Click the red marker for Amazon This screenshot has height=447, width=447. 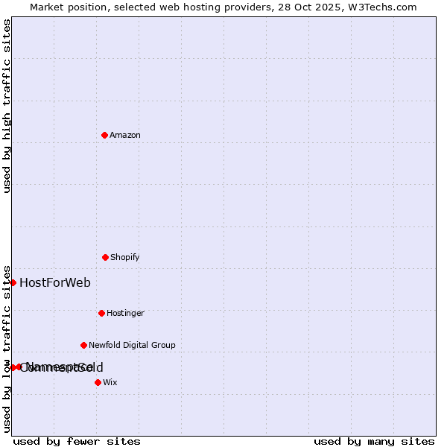pyautogui.click(x=104, y=135)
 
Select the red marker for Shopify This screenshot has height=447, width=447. pyautogui.click(x=105, y=257)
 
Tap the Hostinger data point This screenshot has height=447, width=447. pyautogui.click(x=101, y=313)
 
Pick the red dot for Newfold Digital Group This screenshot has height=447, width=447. pyautogui.click(x=83, y=345)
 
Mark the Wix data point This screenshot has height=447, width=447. pyautogui.click(x=98, y=382)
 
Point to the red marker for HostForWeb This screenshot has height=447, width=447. pyautogui.click(x=13, y=282)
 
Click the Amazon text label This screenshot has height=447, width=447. pyautogui.click(x=125, y=135)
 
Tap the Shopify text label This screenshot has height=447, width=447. pyautogui.click(x=125, y=257)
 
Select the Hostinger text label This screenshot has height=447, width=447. pyautogui.click(x=125, y=313)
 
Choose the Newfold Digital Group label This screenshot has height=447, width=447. pyautogui.click(x=132, y=345)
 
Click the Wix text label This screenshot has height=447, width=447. pyautogui.click(x=110, y=382)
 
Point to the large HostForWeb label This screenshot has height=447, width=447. pyautogui.click(x=55, y=282)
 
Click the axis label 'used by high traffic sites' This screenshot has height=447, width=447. pyautogui.click(x=7, y=106)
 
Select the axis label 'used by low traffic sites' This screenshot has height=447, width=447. pyautogui.click(x=7, y=348)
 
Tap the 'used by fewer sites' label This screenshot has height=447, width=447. pyautogui.click(x=77, y=441)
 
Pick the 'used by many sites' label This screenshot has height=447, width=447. pyautogui.click(x=374, y=441)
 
